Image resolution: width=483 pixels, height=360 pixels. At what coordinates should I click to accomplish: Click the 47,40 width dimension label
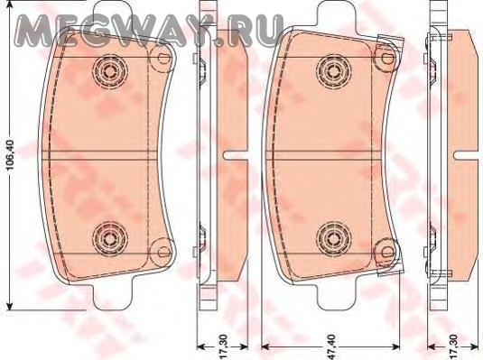point(333,346)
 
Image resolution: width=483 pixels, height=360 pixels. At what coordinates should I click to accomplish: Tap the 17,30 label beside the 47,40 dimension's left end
point(225,346)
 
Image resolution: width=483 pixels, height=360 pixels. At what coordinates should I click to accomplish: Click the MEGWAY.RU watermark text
point(148,30)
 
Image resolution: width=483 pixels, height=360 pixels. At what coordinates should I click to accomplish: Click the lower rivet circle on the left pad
point(109,237)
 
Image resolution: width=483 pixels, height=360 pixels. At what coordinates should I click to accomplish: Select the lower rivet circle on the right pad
point(334,237)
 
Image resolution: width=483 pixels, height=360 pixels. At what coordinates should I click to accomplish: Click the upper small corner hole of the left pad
point(163,58)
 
